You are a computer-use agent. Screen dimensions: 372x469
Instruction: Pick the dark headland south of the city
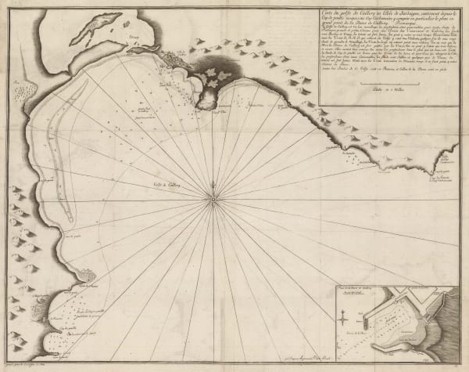pos(207,94)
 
